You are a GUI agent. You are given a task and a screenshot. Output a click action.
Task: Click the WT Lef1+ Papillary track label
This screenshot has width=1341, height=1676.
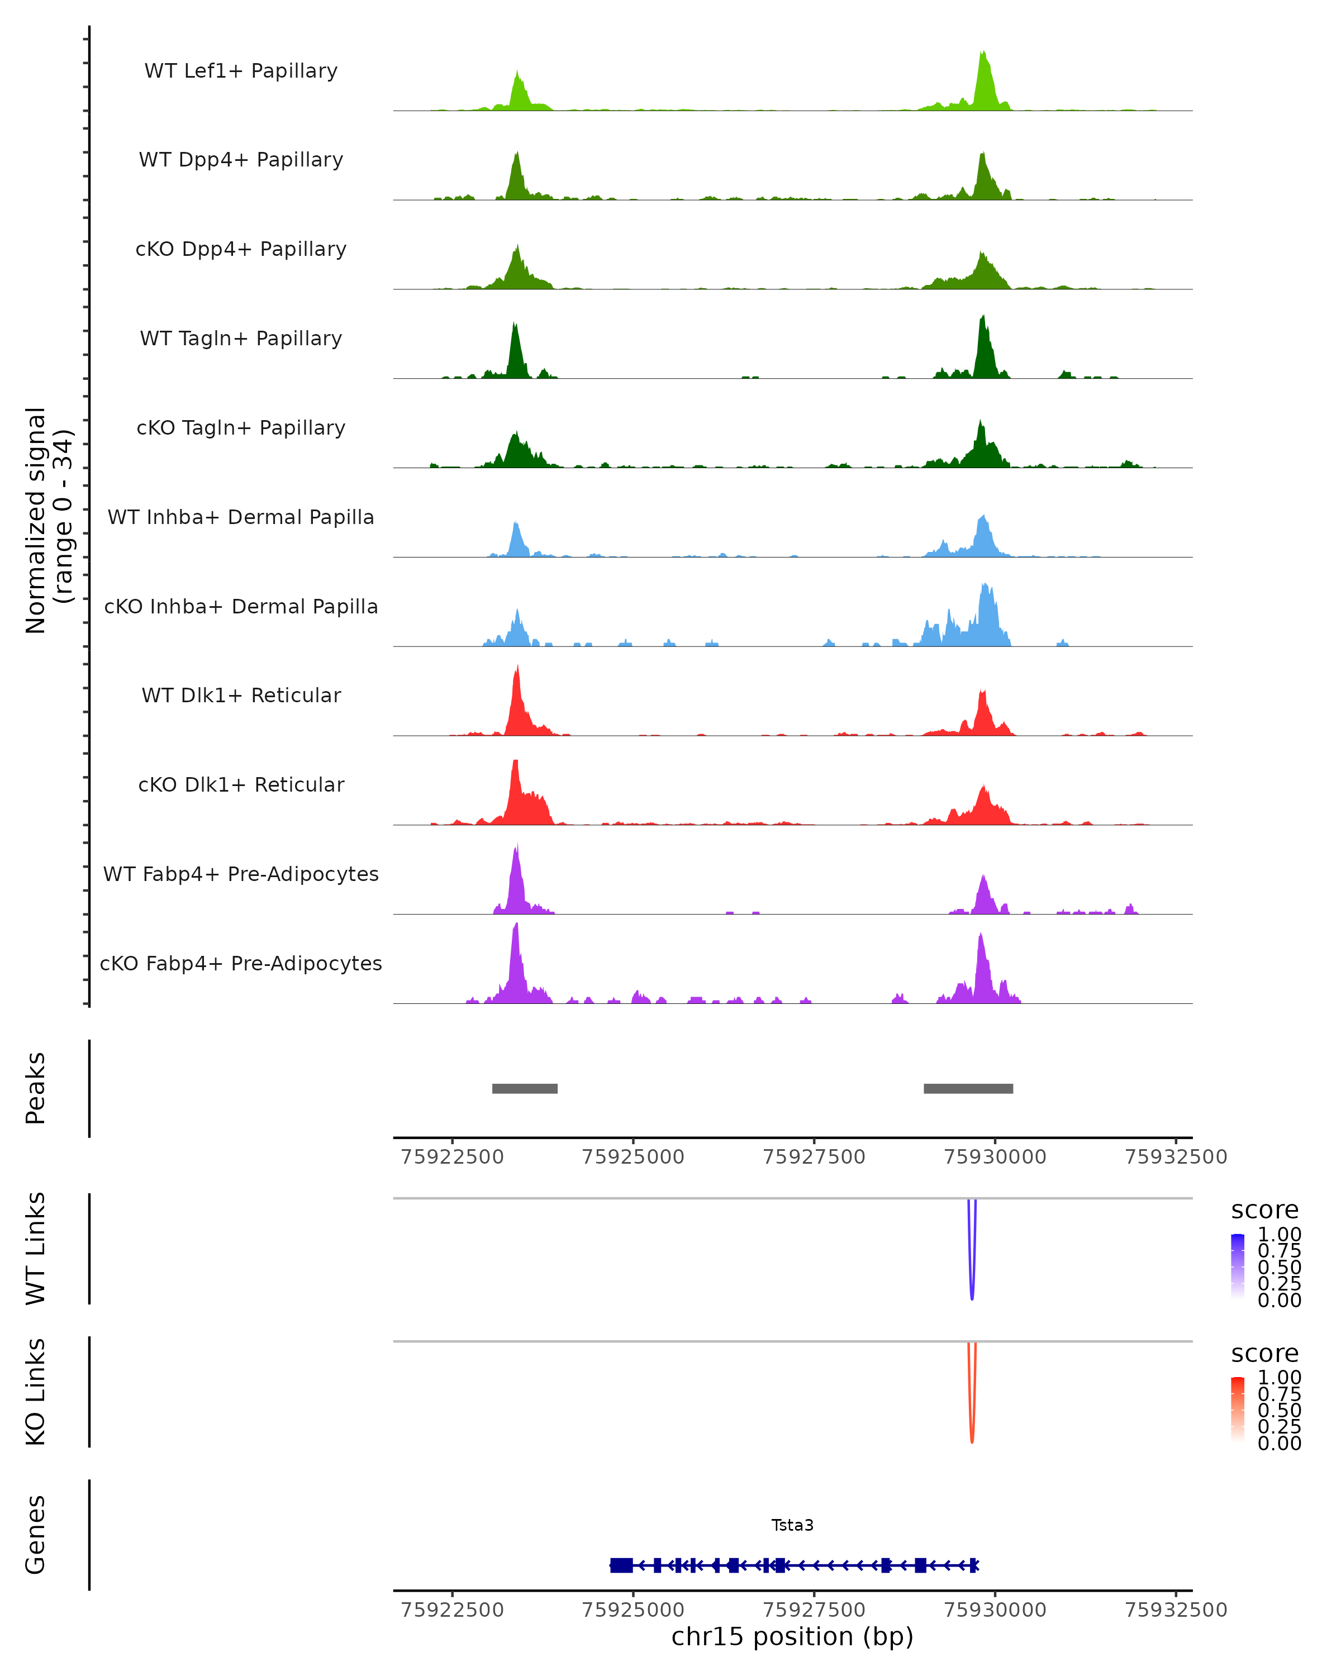click(241, 71)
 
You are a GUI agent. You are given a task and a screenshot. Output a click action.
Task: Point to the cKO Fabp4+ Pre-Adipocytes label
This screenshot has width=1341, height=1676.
click(241, 963)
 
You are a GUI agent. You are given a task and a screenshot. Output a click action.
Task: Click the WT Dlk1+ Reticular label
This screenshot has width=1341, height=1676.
click(241, 695)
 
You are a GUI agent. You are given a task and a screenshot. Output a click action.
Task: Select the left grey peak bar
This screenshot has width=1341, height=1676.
click(525, 1088)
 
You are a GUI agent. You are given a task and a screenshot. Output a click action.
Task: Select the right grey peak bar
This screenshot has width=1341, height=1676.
click(968, 1088)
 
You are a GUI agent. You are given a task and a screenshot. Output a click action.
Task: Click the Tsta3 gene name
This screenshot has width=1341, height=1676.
click(792, 1525)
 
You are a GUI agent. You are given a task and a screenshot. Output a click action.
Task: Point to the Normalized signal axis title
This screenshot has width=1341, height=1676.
click(48, 521)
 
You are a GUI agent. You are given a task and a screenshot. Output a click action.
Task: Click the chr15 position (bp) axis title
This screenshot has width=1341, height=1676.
click(792, 1636)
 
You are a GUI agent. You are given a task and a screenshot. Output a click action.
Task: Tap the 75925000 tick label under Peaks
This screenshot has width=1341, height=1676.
click(633, 1157)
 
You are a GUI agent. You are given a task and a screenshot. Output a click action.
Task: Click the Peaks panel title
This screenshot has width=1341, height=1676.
click(36, 1088)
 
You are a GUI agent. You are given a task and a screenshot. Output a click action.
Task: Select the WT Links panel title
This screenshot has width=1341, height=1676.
click(36, 1249)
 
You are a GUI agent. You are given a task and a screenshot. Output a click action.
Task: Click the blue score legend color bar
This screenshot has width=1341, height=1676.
click(1238, 1266)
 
